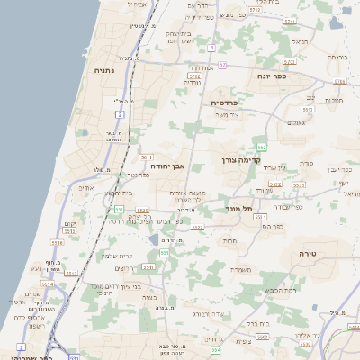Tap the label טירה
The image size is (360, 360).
point(308,253)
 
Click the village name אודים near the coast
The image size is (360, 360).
point(86,188)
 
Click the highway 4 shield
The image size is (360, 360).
point(211,47)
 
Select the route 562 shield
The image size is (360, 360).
point(261,145)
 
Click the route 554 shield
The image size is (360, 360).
point(214,349)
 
